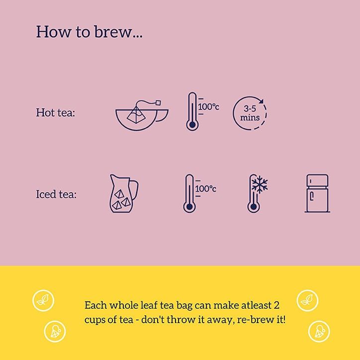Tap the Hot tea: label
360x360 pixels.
click(56, 112)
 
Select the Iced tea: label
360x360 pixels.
click(56, 194)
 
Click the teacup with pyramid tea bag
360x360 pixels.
click(142, 115)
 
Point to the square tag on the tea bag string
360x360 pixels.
click(158, 102)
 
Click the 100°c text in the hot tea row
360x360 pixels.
click(208, 107)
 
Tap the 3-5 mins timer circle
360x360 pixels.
click(250, 113)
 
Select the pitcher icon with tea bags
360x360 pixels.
click(124, 193)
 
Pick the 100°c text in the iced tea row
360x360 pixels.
click(205, 189)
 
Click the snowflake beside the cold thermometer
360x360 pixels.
click(260, 184)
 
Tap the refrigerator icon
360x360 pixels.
click(317, 193)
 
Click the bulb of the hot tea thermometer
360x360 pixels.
click(192, 125)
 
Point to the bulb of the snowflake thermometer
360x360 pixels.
click(254, 207)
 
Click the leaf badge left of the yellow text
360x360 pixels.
click(43, 300)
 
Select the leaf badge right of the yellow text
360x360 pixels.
click(307, 300)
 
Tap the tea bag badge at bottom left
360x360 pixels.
click(55, 332)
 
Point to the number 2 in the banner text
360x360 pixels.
click(276, 306)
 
